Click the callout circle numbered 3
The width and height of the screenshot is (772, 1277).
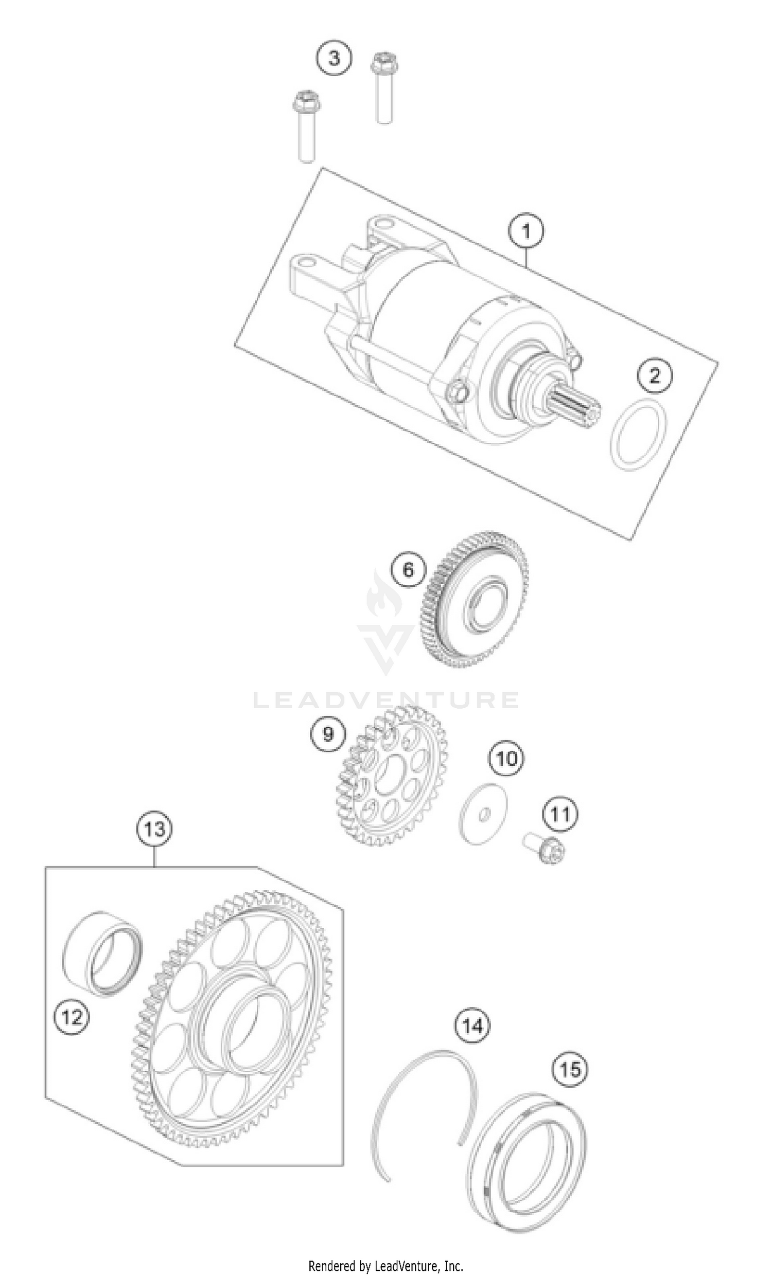pos(334,58)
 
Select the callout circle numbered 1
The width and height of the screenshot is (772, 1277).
pos(525,230)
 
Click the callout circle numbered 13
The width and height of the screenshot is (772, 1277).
pos(154,829)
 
